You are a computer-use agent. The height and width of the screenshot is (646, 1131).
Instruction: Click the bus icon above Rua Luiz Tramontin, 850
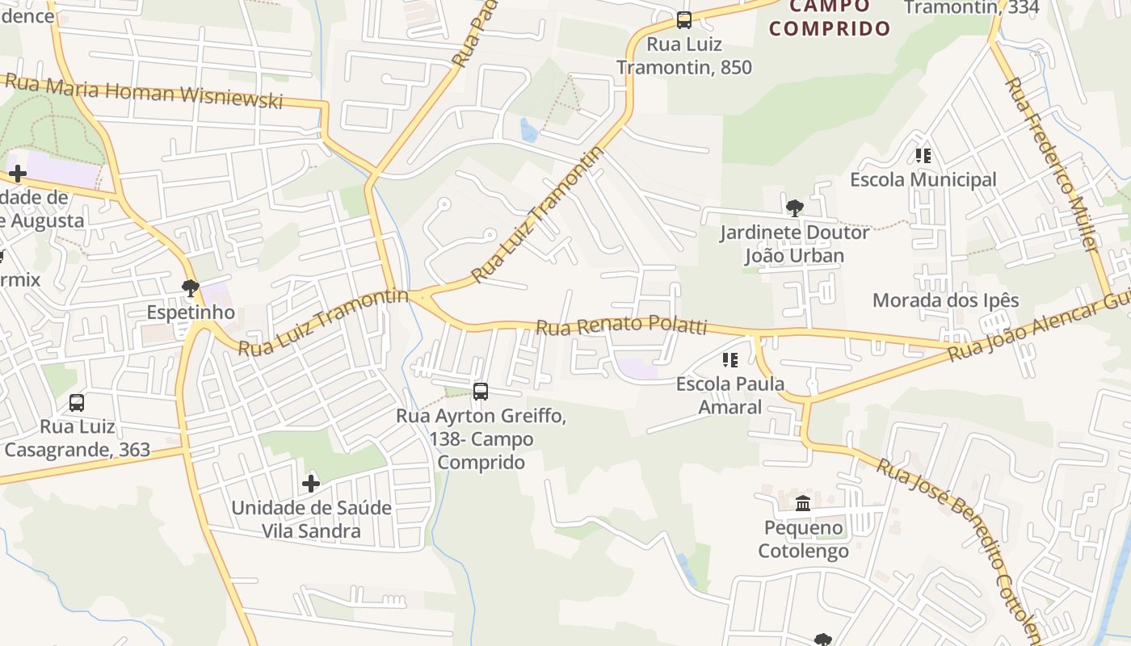click(x=684, y=20)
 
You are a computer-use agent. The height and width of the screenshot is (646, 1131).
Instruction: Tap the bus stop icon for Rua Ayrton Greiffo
click(x=481, y=392)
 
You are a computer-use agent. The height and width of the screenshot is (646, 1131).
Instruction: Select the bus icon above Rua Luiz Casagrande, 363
click(x=77, y=402)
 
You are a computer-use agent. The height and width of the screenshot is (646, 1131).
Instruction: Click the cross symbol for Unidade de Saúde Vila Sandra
click(x=311, y=484)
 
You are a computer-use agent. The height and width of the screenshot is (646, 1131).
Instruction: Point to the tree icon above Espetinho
click(x=191, y=287)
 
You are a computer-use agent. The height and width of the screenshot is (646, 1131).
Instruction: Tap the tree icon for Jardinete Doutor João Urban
click(x=795, y=208)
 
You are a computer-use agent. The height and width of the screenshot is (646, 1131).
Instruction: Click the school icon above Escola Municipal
click(x=923, y=156)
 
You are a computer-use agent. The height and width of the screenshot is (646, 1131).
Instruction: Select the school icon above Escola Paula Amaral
click(x=730, y=360)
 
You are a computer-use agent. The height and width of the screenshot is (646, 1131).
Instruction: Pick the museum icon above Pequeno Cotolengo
click(x=803, y=504)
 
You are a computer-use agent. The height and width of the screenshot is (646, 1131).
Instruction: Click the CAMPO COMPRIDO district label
click(x=830, y=18)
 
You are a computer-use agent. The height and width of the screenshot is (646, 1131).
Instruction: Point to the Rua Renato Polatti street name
click(x=622, y=325)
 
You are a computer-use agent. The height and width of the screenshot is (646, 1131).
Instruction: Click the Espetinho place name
click(x=191, y=313)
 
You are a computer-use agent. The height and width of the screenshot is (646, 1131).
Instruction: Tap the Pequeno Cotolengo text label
click(x=803, y=539)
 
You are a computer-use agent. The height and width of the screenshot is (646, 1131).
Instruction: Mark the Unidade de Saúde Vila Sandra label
click(x=311, y=519)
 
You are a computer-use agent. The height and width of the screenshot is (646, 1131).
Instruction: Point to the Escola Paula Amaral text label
click(x=730, y=395)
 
